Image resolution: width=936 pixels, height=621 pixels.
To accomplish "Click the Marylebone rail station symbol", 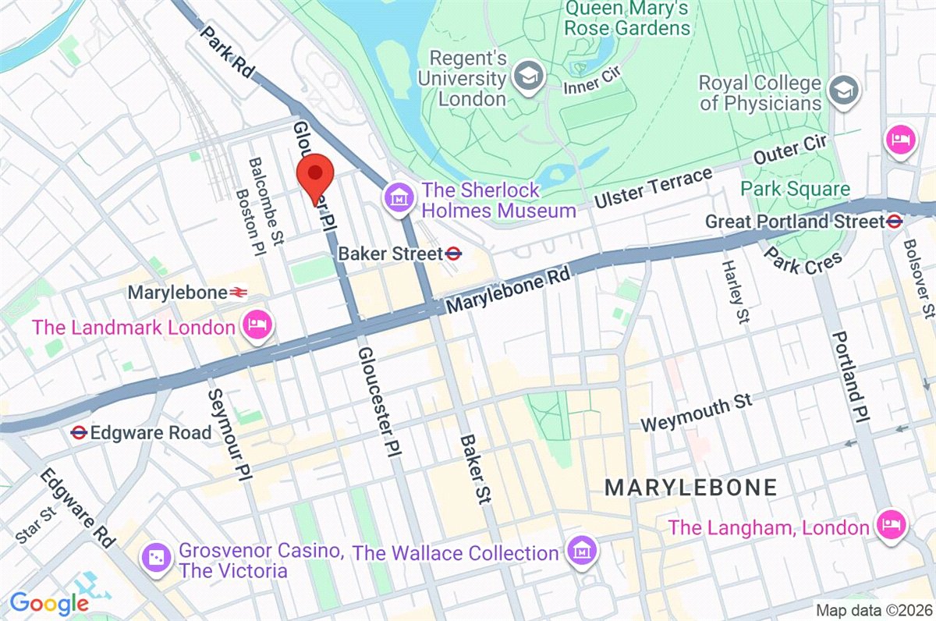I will [x=239, y=293].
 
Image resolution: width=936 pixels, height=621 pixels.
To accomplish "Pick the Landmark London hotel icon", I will [x=257, y=325].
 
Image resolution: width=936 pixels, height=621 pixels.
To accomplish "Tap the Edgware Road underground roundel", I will [x=78, y=431].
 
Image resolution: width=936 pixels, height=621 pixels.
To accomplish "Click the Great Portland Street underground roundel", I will [x=895, y=222].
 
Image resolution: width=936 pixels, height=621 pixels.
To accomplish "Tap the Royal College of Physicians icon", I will [x=843, y=90].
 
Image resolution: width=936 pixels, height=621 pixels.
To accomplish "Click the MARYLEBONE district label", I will [x=691, y=488].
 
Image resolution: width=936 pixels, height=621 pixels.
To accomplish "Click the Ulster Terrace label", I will [x=653, y=188].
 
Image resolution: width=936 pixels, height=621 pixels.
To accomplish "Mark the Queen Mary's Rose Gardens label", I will [x=627, y=18].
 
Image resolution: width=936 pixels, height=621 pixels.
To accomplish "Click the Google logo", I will [x=48, y=603].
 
